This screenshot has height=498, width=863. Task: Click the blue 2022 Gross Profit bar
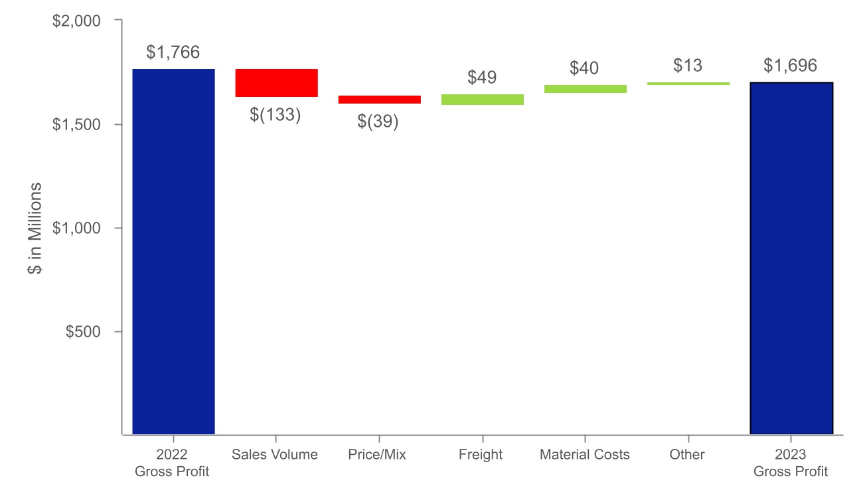click(173, 252)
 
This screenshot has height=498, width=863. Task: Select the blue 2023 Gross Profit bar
click(791, 258)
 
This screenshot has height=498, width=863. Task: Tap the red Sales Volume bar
click(276, 83)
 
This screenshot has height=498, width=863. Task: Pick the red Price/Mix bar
click(379, 100)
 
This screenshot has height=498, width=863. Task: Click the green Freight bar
click(482, 100)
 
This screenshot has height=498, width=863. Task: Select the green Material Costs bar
click(585, 89)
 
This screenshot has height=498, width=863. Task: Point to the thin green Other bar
click(688, 84)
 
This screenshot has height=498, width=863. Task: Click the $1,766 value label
click(173, 52)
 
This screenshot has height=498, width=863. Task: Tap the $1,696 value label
click(790, 66)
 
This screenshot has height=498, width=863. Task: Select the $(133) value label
click(275, 115)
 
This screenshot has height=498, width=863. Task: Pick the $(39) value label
click(378, 122)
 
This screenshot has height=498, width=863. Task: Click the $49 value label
click(482, 77)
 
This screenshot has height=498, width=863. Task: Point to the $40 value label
click(584, 68)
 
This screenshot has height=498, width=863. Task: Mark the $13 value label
click(687, 66)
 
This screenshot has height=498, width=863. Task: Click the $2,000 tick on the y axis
click(76, 21)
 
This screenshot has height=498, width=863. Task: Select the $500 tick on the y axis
click(83, 332)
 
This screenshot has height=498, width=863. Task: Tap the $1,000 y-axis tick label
click(76, 228)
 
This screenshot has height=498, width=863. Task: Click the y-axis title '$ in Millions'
click(35, 228)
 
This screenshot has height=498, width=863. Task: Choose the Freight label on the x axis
click(481, 455)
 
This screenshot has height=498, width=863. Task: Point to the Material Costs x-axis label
click(584, 455)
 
